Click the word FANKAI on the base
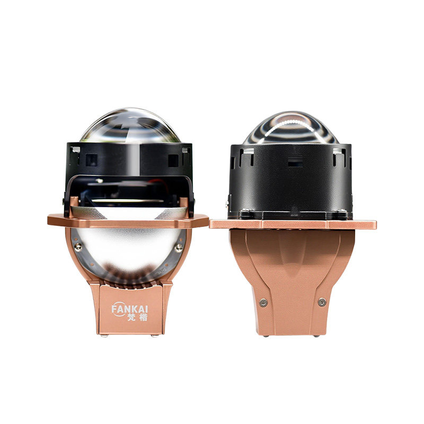[130, 309]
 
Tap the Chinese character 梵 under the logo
[131, 317]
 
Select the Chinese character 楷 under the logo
[144, 317]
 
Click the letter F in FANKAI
[114, 309]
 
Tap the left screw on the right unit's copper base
[263, 302]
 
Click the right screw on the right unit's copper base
[322, 302]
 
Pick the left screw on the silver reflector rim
[78, 247]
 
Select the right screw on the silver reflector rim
[179, 248]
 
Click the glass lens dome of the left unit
[130, 126]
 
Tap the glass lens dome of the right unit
[291, 128]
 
